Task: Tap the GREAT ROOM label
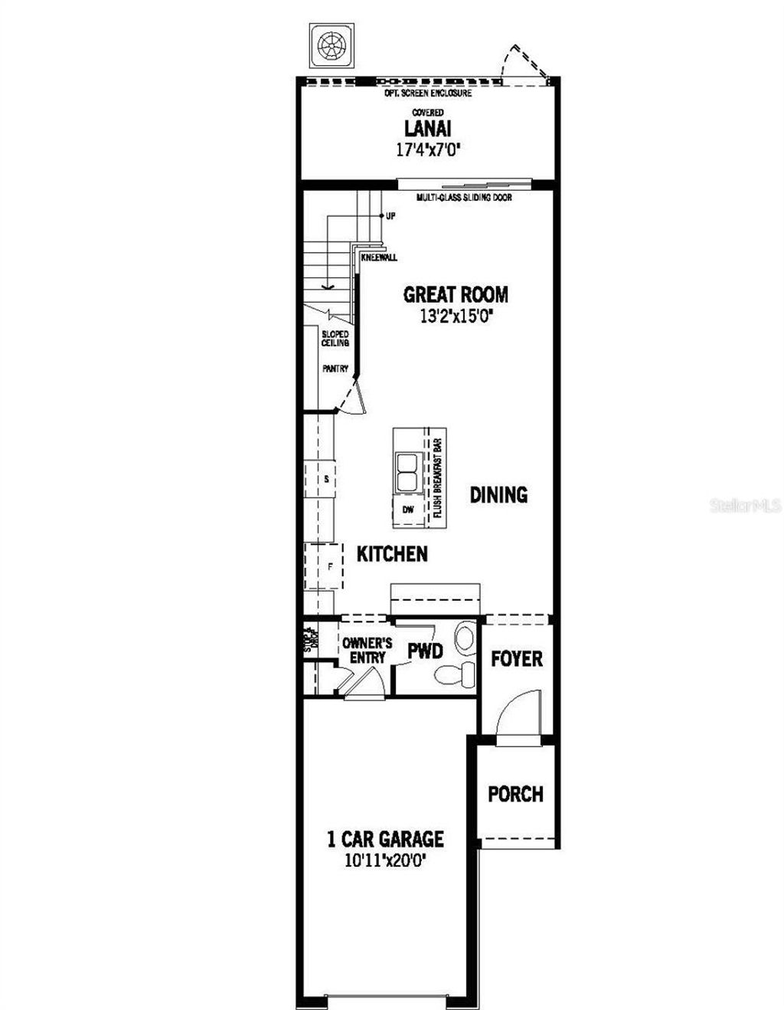(456, 294)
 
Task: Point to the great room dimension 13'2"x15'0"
(456, 315)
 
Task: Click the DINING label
(498, 494)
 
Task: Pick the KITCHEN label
(392, 553)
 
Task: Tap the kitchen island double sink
(405, 471)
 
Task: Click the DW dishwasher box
(407, 510)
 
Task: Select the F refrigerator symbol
(330, 567)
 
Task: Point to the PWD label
(425, 651)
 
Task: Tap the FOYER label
(517, 658)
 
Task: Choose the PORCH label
(516, 794)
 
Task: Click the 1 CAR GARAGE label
(385, 839)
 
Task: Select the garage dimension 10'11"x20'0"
(385, 861)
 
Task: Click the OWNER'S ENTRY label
(367, 650)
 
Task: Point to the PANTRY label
(335, 369)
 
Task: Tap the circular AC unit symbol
(331, 45)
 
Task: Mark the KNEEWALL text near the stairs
(379, 257)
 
